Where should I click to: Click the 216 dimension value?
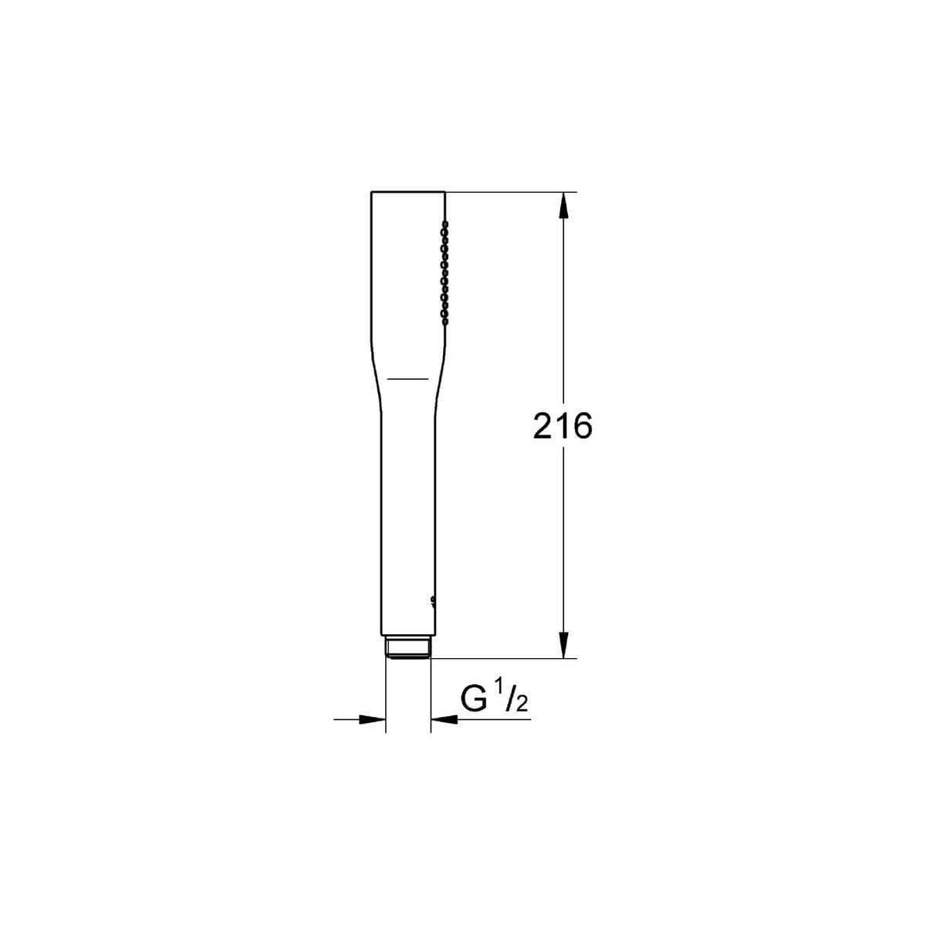pyautogui.click(x=563, y=426)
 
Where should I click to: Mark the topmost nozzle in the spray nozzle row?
pyautogui.click(x=445, y=224)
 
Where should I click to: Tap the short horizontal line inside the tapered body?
pyautogui.click(x=407, y=378)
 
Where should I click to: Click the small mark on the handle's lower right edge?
pyautogui.click(x=432, y=600)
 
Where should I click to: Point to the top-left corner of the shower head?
pyautogui.click(x=371, y=191)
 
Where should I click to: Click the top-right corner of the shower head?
pyautogui.click(x=445, y=191)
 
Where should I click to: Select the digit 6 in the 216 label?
pyautogui.click(x=581, y=426)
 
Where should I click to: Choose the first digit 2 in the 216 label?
pyautogui.click(x=543, y=426)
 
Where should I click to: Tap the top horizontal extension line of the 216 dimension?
pyautogui.click(x=509, y=191)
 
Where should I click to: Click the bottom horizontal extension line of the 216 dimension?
pyautogui.click(x=502, y=658)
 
